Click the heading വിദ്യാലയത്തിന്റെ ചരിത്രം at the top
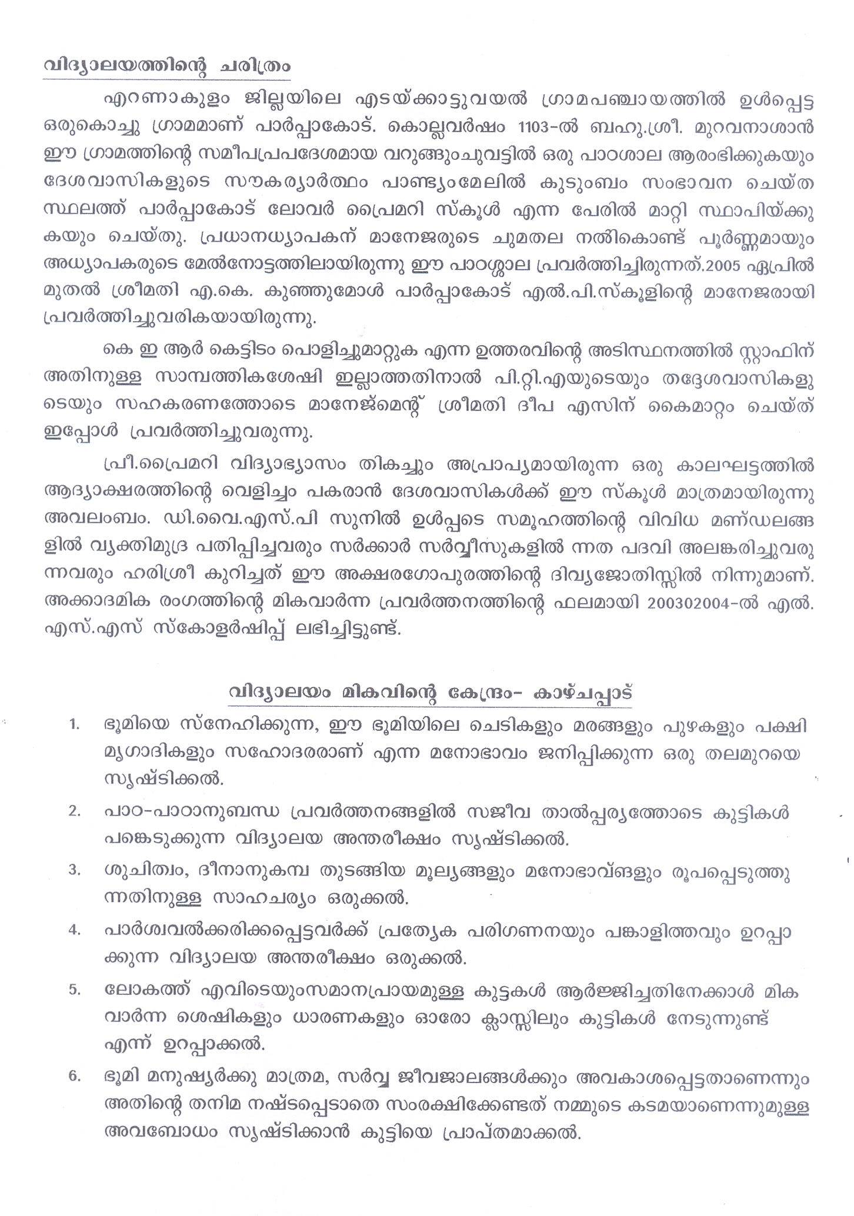point(167,66)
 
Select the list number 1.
point(74,725)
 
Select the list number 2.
point(74,811)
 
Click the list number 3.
point(74,871)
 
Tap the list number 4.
point(74,930)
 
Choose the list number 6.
point(74,1077)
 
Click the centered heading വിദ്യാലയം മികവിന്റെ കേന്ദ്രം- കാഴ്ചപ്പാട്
point(430,692)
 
